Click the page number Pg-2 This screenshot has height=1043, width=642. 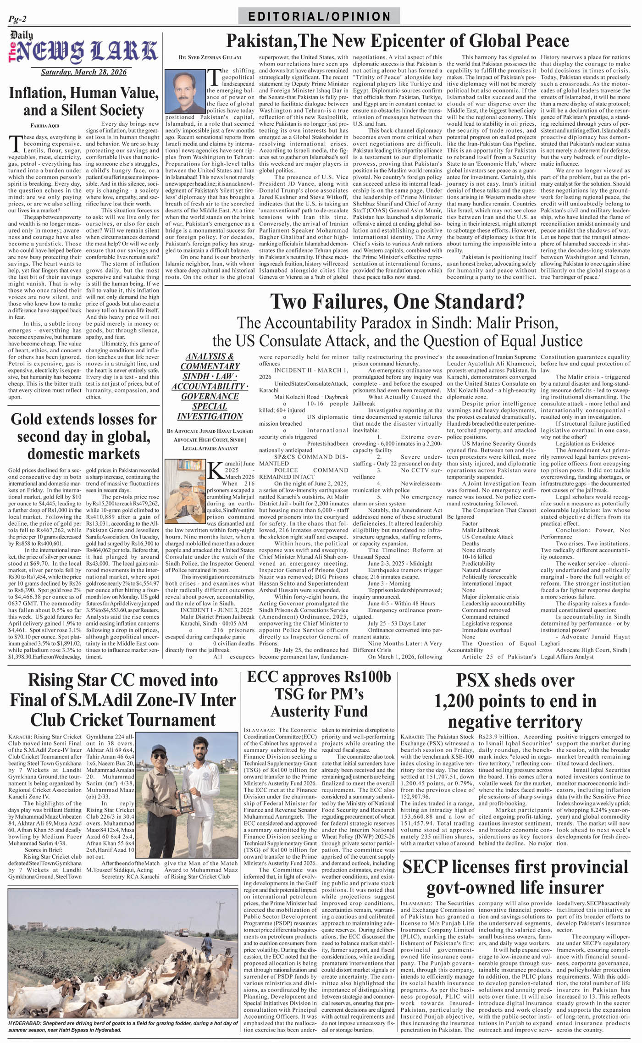click(17, 19)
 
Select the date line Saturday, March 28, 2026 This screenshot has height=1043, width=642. click(83, 72)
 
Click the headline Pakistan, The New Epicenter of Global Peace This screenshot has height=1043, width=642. click(397, 41)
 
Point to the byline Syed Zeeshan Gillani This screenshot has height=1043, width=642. click(210, 57)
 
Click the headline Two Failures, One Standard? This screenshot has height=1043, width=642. click(397, 302)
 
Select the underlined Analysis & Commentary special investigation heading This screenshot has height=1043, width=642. click(210, 386)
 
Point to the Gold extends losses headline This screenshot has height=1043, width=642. click(83, 436)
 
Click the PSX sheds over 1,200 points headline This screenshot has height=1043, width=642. click(515, 701)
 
